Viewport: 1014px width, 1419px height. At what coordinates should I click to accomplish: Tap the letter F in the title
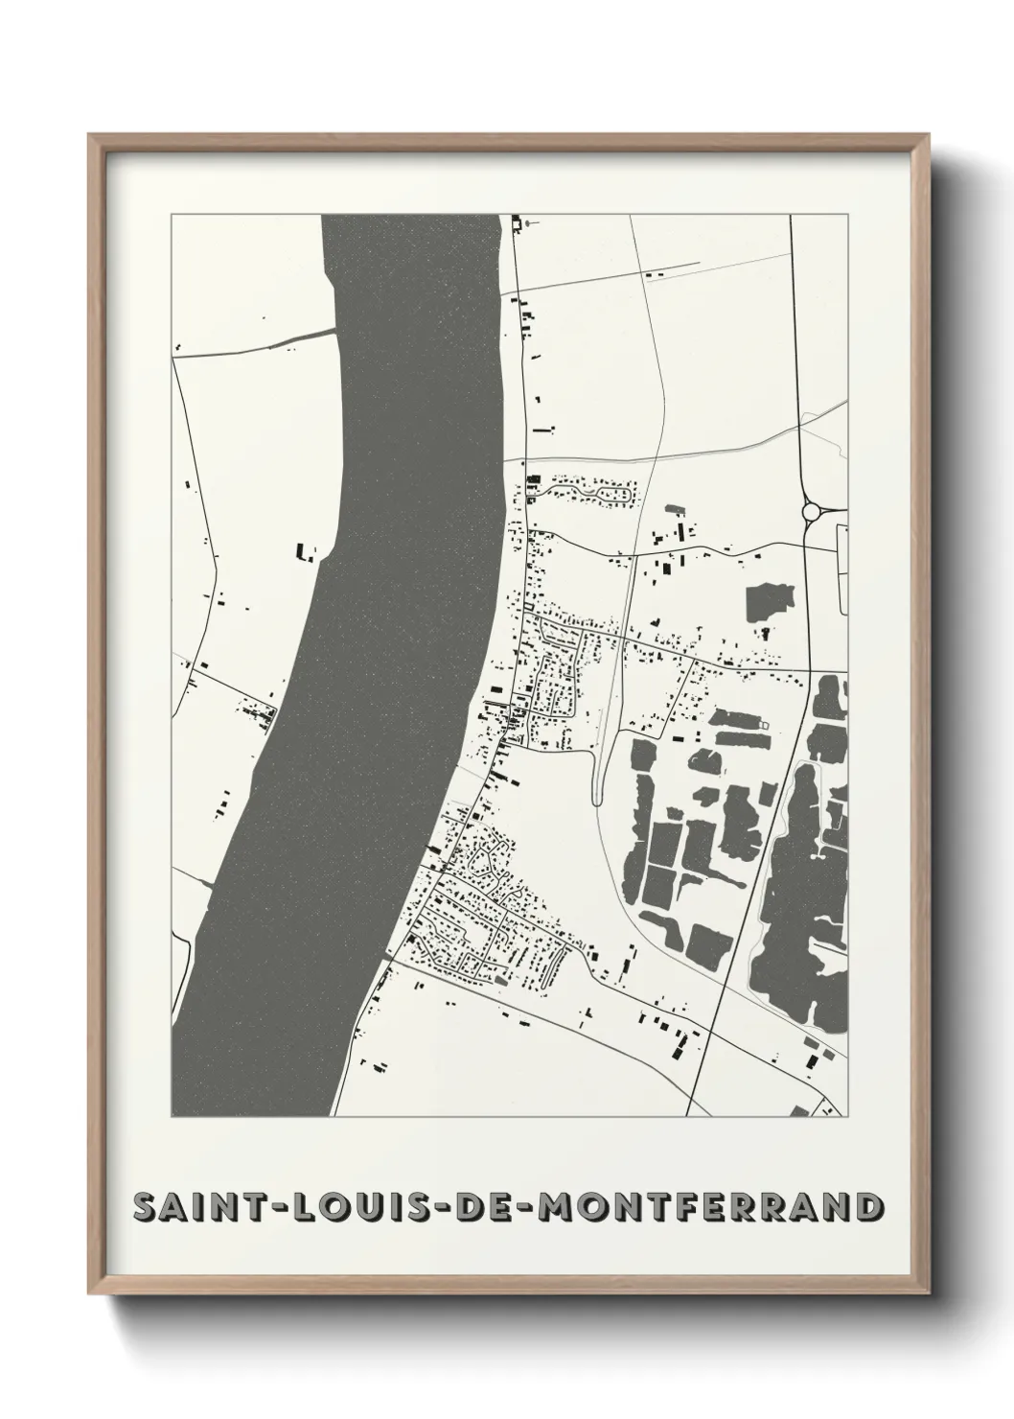(x=682, y=1208)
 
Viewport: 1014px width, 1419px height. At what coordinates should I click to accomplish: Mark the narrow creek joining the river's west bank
(x=288, y=337)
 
